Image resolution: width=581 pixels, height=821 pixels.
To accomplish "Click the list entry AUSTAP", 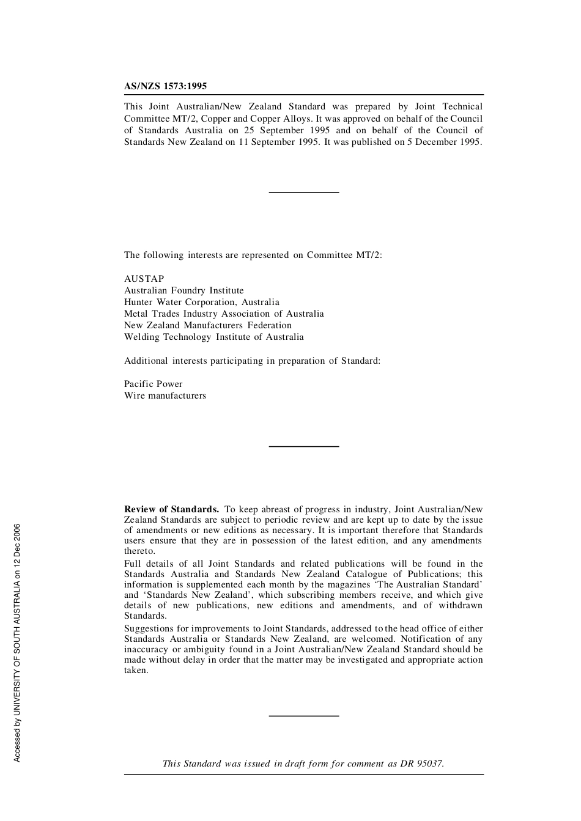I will (144, 279).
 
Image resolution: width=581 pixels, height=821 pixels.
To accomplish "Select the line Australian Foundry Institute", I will (183, 290).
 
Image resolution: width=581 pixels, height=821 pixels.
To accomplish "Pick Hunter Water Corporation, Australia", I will (201, 302).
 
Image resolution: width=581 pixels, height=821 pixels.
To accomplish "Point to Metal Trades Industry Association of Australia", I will (224, 314).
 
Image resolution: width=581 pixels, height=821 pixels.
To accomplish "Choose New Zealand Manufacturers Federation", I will (207, 325).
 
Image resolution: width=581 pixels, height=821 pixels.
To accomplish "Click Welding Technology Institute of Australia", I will (213, 337).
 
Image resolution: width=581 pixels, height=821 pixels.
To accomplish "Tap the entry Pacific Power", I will (153, 384).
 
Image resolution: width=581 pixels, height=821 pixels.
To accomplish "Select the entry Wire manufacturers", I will (165, 396).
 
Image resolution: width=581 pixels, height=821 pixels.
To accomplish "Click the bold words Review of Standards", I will (171, 509).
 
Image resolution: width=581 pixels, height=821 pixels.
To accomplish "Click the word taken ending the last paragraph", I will (136, 670).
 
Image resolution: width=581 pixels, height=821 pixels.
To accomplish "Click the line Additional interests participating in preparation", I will (252, 361).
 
